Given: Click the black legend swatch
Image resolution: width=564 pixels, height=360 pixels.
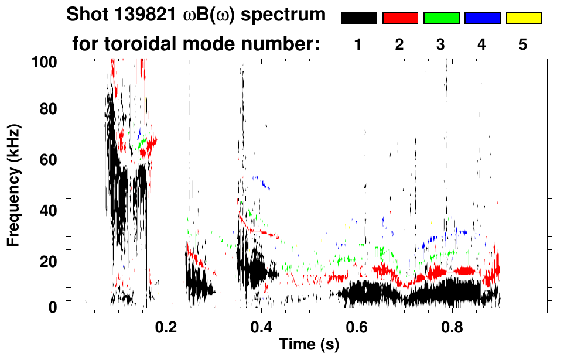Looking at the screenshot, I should tap(358, 18).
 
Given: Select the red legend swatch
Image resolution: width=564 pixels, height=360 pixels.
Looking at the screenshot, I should tap(400, 18).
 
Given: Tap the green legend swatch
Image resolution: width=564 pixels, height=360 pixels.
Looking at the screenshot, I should tap(441, 18).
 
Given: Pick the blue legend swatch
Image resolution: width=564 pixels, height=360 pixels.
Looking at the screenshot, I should tap(482, 18).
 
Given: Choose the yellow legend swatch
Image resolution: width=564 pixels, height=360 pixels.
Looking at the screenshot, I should tap(524, 18).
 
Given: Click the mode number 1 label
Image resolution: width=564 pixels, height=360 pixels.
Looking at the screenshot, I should tap(358, 44).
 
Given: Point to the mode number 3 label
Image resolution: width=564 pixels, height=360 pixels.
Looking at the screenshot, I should tap(440, 44).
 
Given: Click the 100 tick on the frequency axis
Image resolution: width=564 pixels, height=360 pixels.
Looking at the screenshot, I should tap(44, 60).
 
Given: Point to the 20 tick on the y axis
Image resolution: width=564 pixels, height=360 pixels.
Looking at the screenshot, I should tap(49, 262).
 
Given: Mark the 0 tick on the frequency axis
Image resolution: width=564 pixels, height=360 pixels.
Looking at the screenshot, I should tap(53, 307).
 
